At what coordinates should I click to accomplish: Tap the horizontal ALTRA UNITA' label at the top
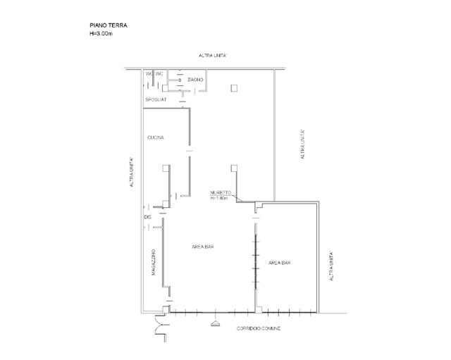tap(211, 55)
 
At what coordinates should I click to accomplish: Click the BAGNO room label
tap(195, 80)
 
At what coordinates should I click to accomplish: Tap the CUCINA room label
tap(156, 137)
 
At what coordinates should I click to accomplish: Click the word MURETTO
tap(219, 192)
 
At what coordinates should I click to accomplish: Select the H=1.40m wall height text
tap(219, 198)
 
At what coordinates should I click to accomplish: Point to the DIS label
tap(147, 217)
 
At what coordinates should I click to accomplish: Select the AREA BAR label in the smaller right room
tap(280, 263)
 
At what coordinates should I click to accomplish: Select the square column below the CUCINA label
tap(166, 168)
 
